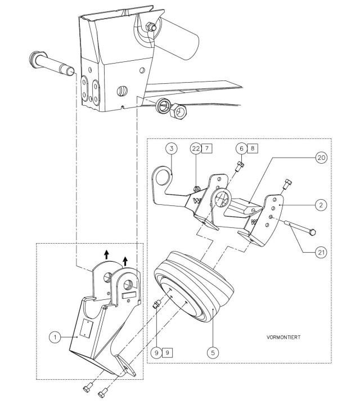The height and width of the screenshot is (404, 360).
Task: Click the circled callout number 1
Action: [54, 337]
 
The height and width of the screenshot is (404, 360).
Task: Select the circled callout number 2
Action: [319, 205]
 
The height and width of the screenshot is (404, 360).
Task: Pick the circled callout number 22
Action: [196, 148]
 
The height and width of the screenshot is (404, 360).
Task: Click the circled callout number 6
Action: [241, 148]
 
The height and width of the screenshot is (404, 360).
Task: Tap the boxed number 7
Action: [208, 148]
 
